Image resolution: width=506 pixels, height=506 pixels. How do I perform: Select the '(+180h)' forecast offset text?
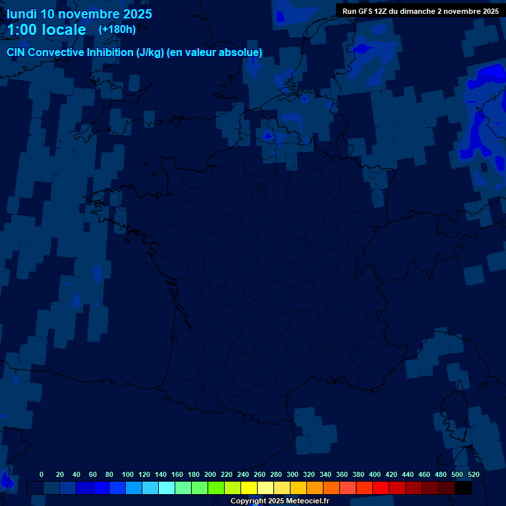click(117, 29)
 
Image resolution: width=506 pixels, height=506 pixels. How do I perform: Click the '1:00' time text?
click(22, 30)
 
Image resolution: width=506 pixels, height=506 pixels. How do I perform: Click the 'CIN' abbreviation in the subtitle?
click(16, 53)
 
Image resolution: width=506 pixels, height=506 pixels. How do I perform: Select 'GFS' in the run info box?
click(367, 11)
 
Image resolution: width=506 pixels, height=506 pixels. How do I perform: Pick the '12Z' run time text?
click(383, 11)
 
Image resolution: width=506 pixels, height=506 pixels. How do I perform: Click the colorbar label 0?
click(42, 474)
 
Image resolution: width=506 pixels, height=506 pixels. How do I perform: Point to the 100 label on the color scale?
click(128, 474)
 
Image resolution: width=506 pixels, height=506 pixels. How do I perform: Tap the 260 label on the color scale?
click(260, 474)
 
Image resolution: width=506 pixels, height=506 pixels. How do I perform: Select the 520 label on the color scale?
click(473, 474)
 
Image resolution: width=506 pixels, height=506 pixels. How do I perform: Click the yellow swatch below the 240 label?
click(249, 488)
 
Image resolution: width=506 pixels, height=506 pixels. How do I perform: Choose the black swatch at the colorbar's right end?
click(463, 488)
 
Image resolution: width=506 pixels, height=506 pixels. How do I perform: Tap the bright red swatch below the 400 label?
click(381, 488)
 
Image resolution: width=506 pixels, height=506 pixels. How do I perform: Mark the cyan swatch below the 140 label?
click(167, 488)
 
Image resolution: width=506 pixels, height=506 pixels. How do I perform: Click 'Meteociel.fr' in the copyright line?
click(308, 501)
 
